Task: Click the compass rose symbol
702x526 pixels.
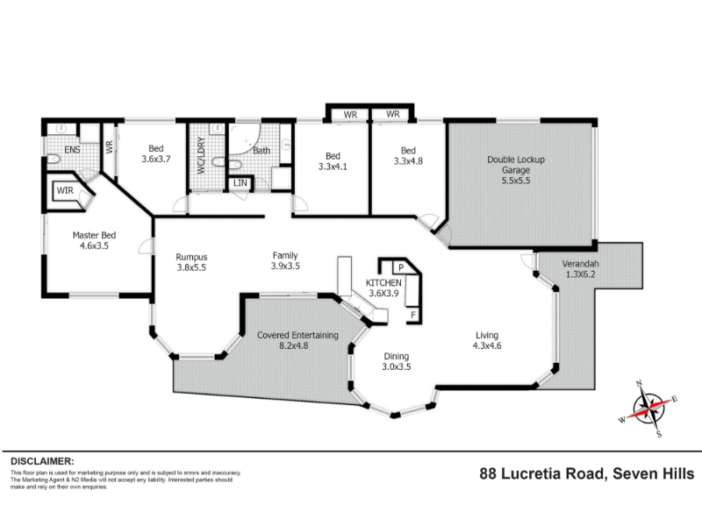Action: tap(649, 409)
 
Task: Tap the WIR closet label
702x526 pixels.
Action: tap(65, 190)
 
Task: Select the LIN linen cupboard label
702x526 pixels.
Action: tap(240, 183)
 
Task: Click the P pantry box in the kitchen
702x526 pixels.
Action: tap(401, 267)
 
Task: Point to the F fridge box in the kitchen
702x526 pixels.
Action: tap(413, 315)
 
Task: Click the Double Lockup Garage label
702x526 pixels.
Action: tap(516, 165)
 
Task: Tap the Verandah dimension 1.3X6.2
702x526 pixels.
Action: tap(581, 274)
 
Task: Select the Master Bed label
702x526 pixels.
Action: tap(94, 235)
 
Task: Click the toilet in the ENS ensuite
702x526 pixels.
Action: tap(53, 159)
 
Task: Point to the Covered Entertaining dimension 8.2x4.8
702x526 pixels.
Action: tap(293, 345)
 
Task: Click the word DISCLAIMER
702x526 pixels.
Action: tap(42, 461)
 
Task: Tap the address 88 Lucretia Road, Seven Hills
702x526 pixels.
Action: tap(587, 473)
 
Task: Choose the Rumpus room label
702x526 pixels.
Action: tap(191, 257)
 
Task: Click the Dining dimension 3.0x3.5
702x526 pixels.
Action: tap(397, 366)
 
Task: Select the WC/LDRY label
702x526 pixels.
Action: tap(201, 155)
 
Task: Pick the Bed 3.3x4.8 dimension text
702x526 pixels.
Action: tap(408, 161)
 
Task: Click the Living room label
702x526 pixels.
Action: tap(487, 335)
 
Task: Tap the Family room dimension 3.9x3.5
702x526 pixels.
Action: tap(285, 267)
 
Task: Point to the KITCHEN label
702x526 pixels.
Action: tap(383, 282)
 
